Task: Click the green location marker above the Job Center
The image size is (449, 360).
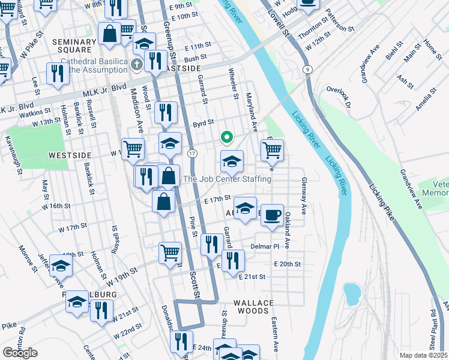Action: pos(226,137)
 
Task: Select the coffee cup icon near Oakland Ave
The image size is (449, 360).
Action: pos(272,215)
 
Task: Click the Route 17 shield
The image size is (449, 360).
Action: pos(191,154)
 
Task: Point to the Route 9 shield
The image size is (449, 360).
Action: pos(307,70)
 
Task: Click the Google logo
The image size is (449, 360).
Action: pos(20,353)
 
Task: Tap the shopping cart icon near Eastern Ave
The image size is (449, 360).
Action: pos(272,151)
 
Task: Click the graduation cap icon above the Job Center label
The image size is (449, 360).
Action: pos(232,161)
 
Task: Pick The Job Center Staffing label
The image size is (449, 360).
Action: pos(227,179)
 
